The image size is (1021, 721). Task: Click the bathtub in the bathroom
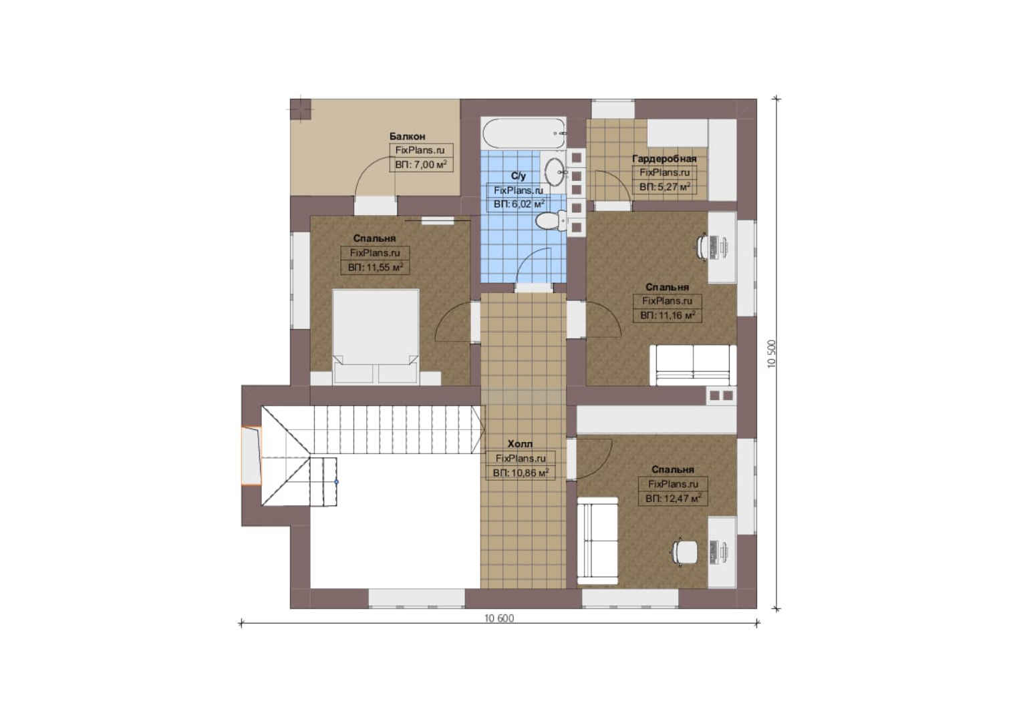(x=524, y=133)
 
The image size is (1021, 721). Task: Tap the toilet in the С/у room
(x=551, y=222)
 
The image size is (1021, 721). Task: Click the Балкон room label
(x=407, y=136)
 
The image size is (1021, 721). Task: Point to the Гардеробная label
(x=664, y=158)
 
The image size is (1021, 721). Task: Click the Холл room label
(x=520, y=444)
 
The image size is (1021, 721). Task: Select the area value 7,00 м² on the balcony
(x=421, y=164)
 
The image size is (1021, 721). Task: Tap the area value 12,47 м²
(x=674, y=499)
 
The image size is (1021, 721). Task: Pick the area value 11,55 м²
(x=375, y=267)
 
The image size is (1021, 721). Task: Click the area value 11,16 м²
(x=668, y=315)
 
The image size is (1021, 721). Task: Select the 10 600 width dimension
(x=499, y=618)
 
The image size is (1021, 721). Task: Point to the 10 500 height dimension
(x=772, y=354)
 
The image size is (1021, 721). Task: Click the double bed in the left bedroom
(x=376, y=336)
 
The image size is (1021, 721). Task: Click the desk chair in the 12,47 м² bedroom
(x=685, y=552)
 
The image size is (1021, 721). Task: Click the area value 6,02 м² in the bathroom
(x=519, y=204)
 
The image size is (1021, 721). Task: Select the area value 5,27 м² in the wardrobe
(x=665, y=187)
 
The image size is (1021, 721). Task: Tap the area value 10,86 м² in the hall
(x=521, y=473)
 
